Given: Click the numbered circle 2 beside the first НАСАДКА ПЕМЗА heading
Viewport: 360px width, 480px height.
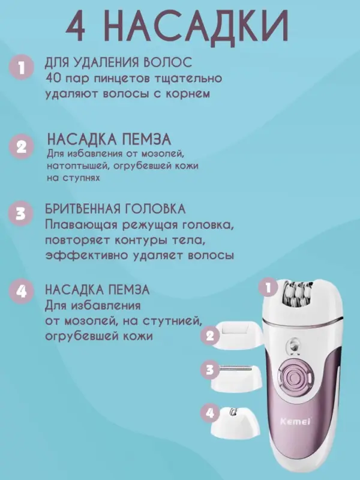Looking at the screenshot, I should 22,146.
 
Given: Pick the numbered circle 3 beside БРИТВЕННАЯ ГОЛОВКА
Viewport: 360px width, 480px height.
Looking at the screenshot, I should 22,214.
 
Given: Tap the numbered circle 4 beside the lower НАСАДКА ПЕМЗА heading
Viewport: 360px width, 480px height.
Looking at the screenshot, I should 22,292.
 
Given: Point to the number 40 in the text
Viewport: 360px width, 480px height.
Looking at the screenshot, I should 54,79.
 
